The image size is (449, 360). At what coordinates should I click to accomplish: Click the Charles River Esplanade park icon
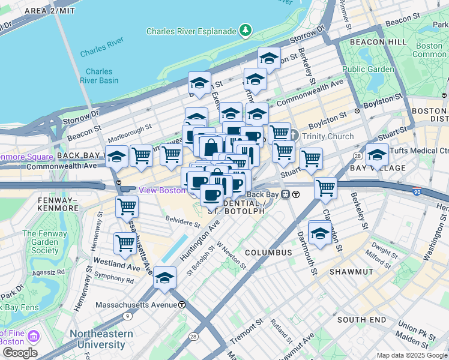pyautogui.click(x=245, y=30)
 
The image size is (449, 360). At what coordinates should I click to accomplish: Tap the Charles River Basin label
pyautogui.click(x=99, y=76)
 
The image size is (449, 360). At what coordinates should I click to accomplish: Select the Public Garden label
pyautogui.click(x=369, y=69)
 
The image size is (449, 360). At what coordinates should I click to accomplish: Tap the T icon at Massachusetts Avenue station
pyautogui.click(x=181, y=305)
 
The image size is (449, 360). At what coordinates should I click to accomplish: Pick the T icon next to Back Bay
pyautogui.click(x=296, y=194)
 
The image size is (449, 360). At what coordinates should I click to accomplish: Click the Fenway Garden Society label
pyautogui.click(x=46, y=241)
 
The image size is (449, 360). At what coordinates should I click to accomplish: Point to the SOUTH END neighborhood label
pyautogui.click(x=361, y=320)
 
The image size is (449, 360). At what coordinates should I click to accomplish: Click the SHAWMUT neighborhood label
pyautogui.click(x=351, y=272)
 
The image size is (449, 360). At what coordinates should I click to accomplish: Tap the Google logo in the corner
pyautogui.click(x=19, y=353)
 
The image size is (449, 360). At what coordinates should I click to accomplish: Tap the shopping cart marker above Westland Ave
pyautogui.click(x=125, y=242)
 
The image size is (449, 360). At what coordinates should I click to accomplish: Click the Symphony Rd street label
pyautogui.click(x=113, y=279)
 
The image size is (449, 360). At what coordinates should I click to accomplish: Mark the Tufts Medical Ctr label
pyautogui.click(x=418, y=151)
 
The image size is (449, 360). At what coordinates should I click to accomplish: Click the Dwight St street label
pyautogui.click(x=381, y=245)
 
